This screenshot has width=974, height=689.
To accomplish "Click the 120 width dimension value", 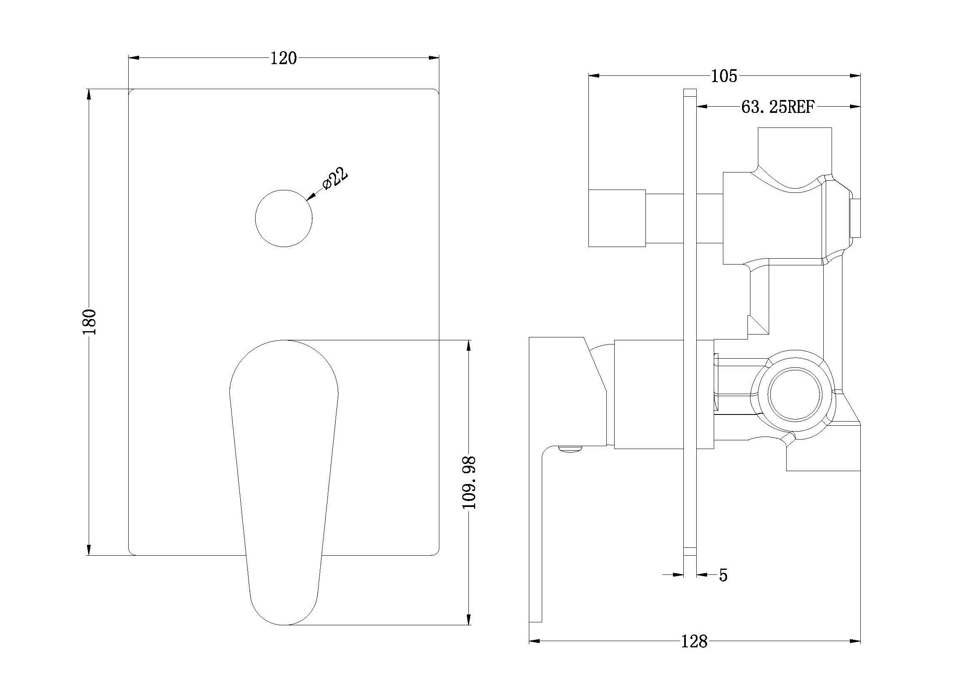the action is [x=284, y=59].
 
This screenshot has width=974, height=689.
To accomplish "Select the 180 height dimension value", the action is [x=90, y=322].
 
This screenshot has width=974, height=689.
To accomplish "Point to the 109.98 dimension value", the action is [x=469, y=483].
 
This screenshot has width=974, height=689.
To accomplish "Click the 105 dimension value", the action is [x=724, y=76].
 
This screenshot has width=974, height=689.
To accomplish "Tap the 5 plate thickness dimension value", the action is [x=723, y=576].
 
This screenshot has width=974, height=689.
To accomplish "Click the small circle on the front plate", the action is [x=284, y=218].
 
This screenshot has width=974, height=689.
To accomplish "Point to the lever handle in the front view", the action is [x=284, y=482].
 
